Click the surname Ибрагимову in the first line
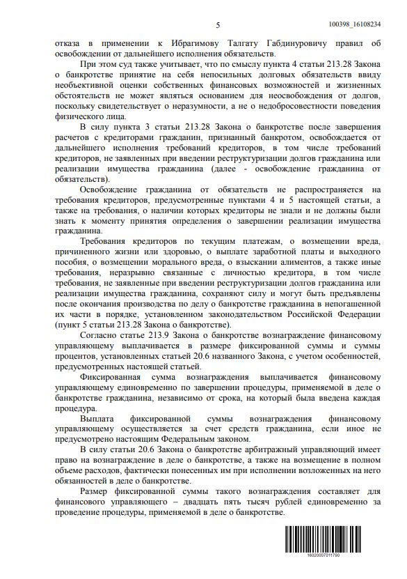(175, 43)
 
